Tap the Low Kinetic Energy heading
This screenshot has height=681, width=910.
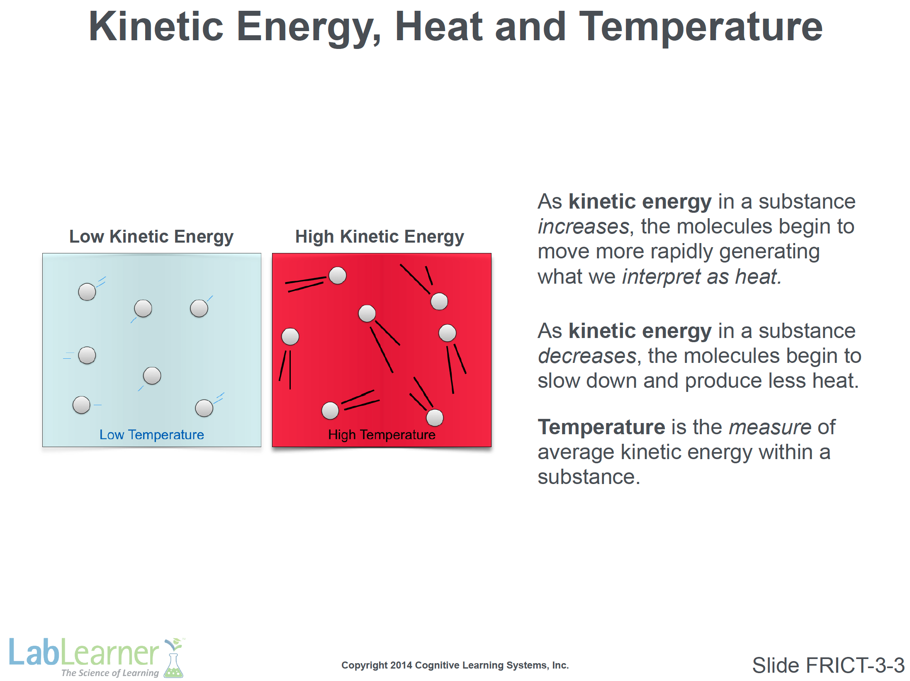click(x=151, y=237)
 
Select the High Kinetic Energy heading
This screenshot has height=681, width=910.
click(x=380, y=237)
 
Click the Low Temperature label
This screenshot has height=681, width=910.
click(x=152, y=435)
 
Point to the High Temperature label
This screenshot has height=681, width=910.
click(x=382, y=435)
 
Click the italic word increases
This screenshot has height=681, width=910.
click(x=584, y=227)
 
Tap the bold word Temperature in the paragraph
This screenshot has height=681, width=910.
click(x=601, y=428)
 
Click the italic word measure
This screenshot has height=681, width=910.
click(x=770, y=428)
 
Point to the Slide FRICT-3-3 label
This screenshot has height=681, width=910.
click(x=828, y=665)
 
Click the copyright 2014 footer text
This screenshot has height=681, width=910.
click(x=455, y=665)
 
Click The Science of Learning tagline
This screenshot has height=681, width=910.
click(x=110, y=673)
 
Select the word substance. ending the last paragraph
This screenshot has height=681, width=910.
click(x=589, y=477)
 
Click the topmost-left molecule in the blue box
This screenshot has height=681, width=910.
click(x=87, y=292)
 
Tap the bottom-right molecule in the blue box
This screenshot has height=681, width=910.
click(x=204, y=408)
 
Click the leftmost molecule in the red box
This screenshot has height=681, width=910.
click(x=290, y=336)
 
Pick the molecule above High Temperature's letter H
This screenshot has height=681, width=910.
click(x=330, y=411)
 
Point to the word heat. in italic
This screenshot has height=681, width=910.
click(x=759, y=277)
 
